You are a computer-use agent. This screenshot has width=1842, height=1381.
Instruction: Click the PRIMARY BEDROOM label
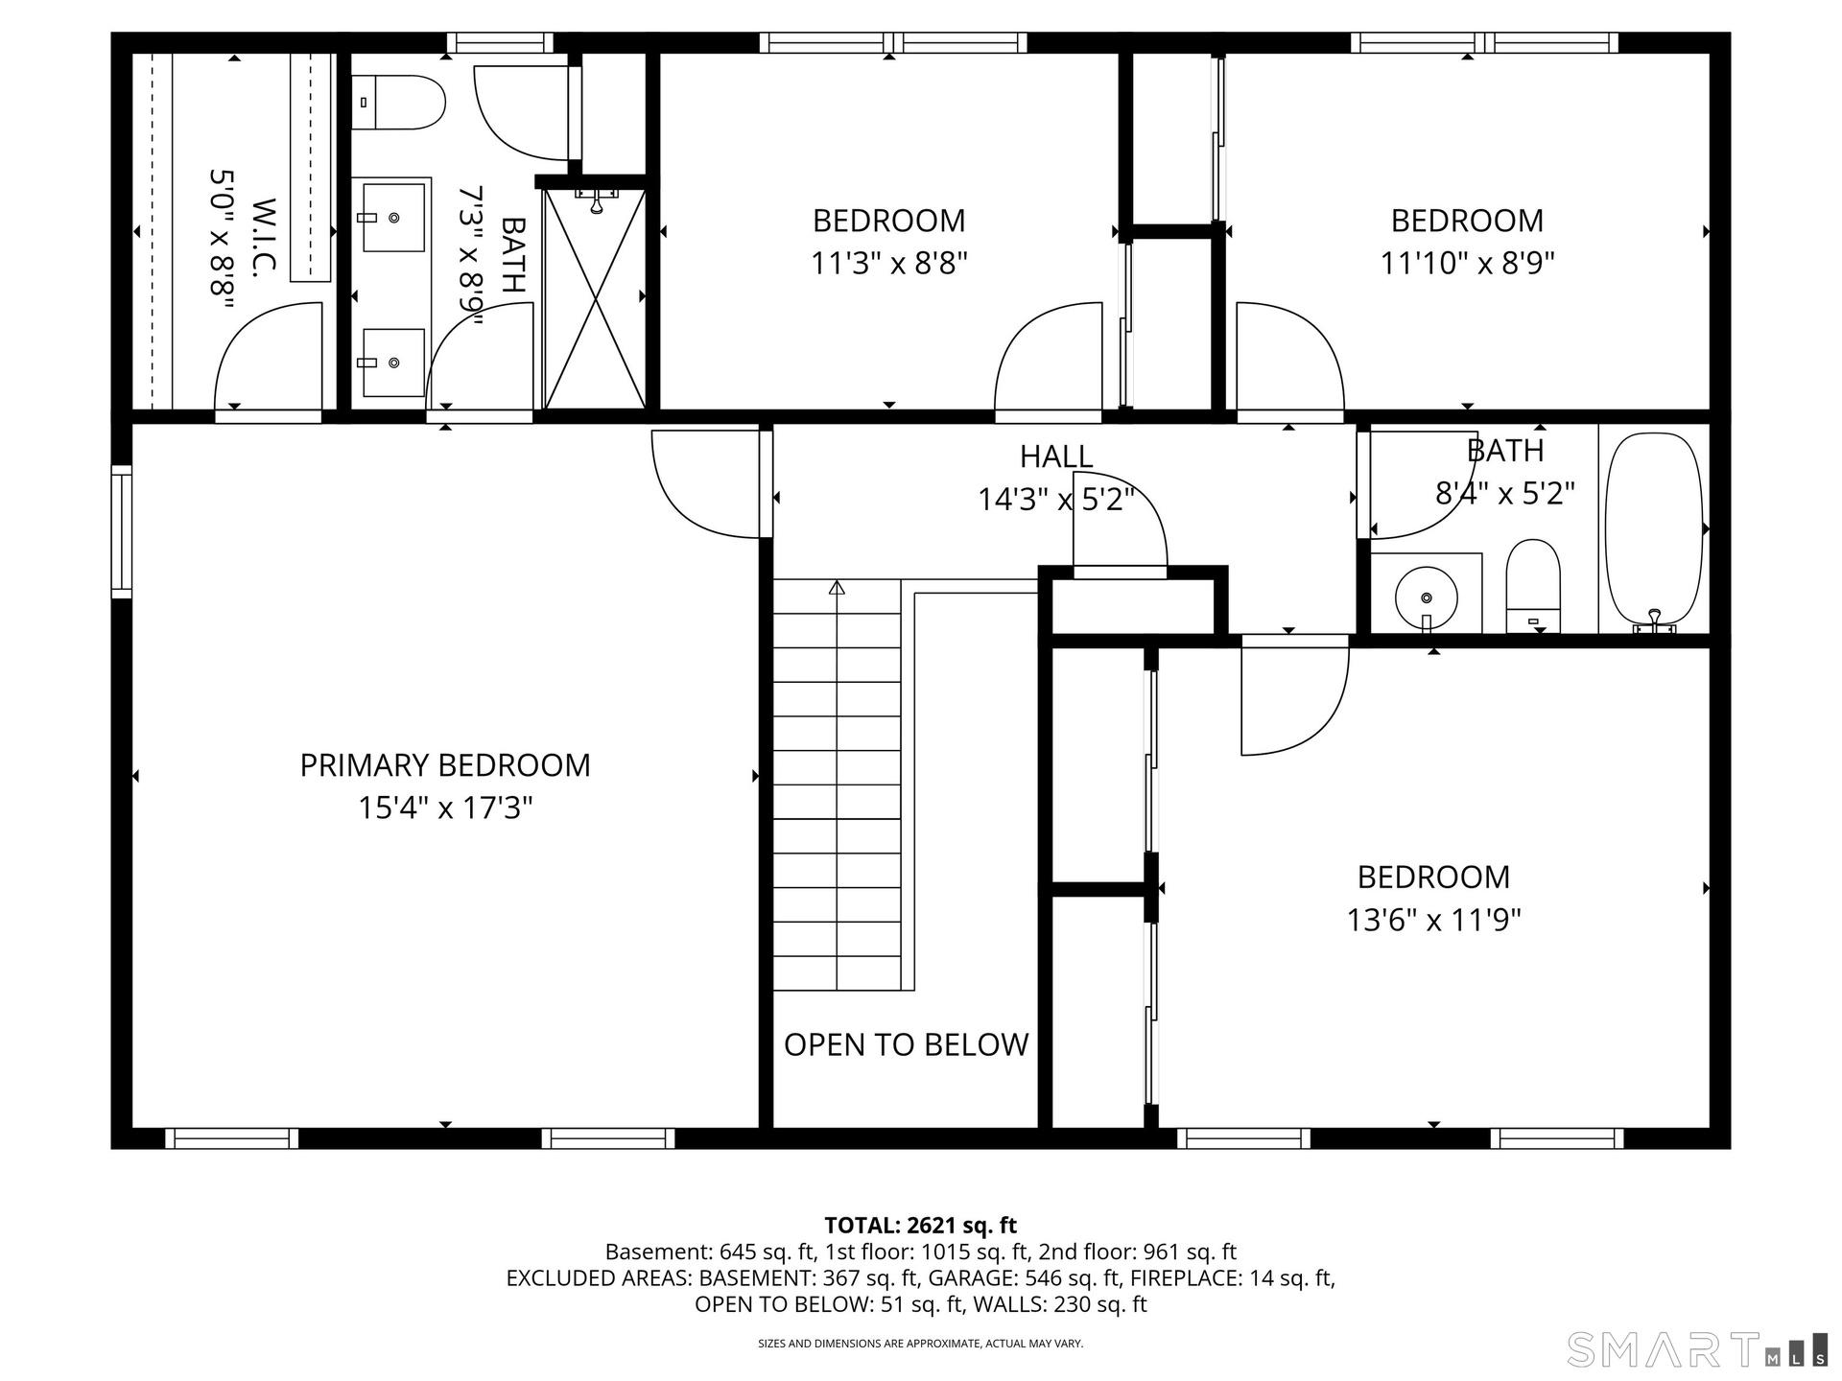pyautogui.click(x=445, y=765)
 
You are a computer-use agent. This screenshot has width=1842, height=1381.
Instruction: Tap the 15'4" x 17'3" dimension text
pyautogui.click(x=445, y=808)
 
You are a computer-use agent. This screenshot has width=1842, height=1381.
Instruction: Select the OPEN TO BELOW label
pyautogui.click(x=906, y=1044)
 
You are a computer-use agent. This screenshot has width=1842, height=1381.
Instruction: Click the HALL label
pyautogui.click(x=1056, y=456)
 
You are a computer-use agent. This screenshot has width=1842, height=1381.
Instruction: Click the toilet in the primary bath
pyautogui.click(x=398, y=103)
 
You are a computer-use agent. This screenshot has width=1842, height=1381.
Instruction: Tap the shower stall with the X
pyautogui.click(x=596, y=298)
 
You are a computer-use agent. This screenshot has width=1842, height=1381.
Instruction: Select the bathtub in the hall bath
pyautogui.click(x=1654, y=532)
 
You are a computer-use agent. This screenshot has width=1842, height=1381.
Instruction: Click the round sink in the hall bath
pyautogui.click(x=1426, y=597)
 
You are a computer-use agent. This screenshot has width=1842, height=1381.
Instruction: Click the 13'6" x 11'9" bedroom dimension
pyautogui.click(x=1434, y=921)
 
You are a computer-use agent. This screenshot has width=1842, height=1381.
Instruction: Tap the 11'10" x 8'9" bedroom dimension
pyautogui.click(x=1467, y=263)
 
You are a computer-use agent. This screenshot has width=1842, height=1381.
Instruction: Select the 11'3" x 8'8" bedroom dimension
pyautogui.click(x=889, y=263)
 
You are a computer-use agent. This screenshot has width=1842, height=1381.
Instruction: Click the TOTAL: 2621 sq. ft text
pyautogui.click(x=921, y=1225)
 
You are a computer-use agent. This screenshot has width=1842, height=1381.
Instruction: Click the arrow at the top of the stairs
pyautogui.click(x=837, y=587)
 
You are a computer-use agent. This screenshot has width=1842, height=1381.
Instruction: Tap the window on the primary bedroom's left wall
pyautogui.click(x=121, y=532)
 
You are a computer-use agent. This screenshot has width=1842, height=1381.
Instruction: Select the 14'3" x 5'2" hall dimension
pyautogui.click(x=1056, y=499)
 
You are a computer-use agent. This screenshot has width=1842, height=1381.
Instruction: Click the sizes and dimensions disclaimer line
pyautogui.click(x=921, y=1344)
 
